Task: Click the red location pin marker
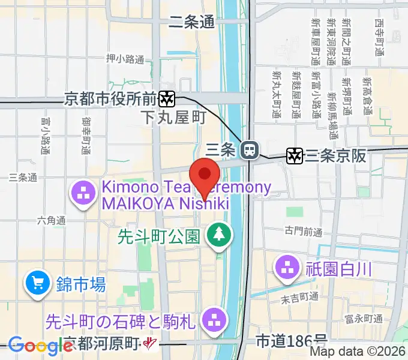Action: click(x=205, y=175)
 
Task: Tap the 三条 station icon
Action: click(x=249, y=148)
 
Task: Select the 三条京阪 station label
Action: click(x=335, y=156)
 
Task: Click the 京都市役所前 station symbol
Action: click(x=167, y=97)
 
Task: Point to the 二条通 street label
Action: click(x=191, y=22)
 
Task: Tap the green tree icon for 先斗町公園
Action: click(x=217, y=235)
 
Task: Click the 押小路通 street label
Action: click(x=125, y=59)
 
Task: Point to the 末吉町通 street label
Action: click(x=301, y=296)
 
